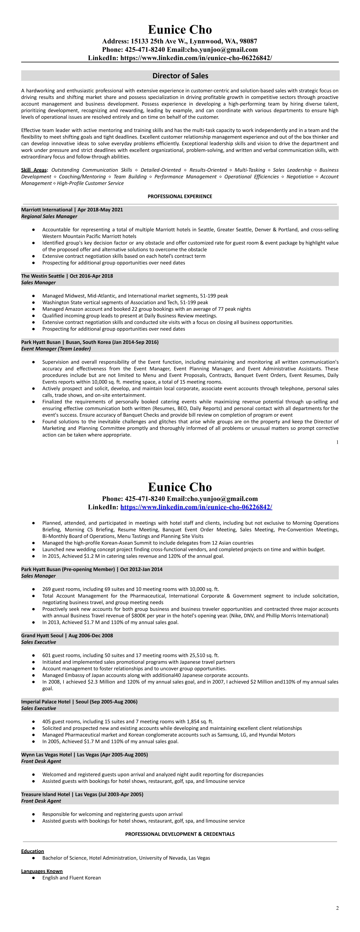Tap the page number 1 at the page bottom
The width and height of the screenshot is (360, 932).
[337, 442]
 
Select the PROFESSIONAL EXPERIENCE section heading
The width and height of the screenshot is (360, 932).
[180, 196]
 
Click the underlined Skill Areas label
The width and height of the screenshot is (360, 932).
[34, 170]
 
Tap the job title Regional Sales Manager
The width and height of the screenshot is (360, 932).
[49, 216]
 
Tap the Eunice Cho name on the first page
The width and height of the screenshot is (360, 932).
[180, 30]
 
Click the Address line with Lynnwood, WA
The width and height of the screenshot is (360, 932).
[180, 41]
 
